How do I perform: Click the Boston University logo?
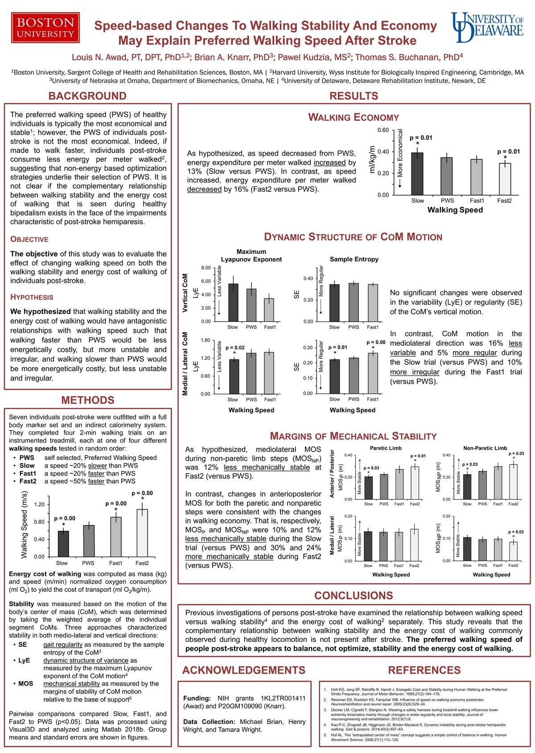click(x=45, y=28)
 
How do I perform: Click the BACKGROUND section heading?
click(x=87, y=96)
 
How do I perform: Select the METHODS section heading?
click(x=88, y=400)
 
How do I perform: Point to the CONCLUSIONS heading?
click(x=354, y=596)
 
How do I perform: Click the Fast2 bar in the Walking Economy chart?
click(x=505, y=179)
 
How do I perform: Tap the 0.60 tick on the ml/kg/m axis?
click(x=383, y=130)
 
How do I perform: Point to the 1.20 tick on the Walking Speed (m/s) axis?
click(x=39, y=505)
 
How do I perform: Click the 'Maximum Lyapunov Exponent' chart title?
click(x=251, y=255)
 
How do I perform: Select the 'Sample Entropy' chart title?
click(x=354, y=259)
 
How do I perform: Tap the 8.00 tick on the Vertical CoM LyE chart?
click(x=206, y=268)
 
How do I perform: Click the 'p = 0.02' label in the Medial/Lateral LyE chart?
click(x=235, y=348)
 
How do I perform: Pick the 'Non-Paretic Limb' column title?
click(x=485, y=448)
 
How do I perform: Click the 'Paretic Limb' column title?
click(x=386, y=448)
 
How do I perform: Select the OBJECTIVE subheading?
click(x=29, y=240)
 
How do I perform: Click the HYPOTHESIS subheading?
click(x=32, y=298)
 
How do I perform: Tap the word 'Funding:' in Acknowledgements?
click(x=197, y=698)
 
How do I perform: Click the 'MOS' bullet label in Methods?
click(x=25, y=683)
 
